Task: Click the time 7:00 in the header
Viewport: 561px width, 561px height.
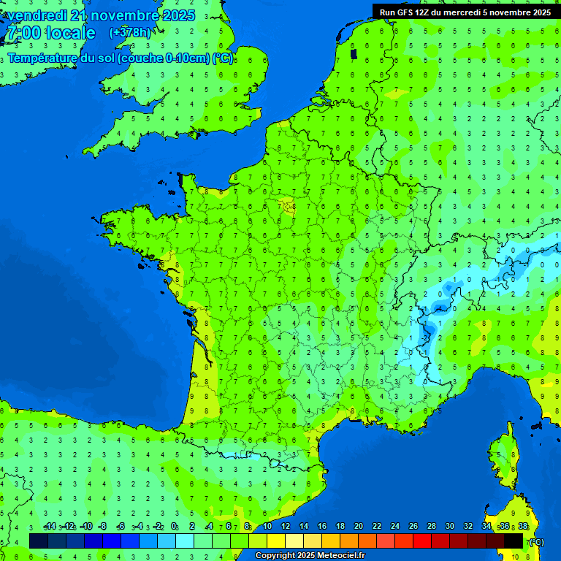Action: pyautogui.click(x=22, y=34)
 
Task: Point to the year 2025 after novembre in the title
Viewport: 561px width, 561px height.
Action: pyautogui.click(x=177, y=15)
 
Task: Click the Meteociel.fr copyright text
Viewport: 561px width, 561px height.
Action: pyautogui.click(x=309, y=556)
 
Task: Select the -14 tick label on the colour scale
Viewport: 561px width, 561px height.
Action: pyautogui.click(x=50, y=527)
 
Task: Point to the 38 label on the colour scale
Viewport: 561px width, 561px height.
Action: pyautogui.click(x=522, y=527)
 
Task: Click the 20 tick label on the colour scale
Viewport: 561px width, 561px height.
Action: pyautogui.click(x=358, y=527)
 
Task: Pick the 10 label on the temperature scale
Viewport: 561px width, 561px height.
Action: pyautogui.click(x=267, y=527)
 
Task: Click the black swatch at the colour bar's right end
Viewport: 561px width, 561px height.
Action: pyautogui.click(x=514, y=541)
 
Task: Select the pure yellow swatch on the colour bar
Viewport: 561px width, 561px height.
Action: pyautogui.click(x=276, y=541)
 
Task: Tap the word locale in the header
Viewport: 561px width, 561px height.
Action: pyautogui.click(x=71, y=34)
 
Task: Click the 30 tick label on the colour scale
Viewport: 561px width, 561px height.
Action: pyautogui.click(x=449, y=527)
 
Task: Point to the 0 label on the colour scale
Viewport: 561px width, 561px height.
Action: pyautogui.click(x=173, y=527)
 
